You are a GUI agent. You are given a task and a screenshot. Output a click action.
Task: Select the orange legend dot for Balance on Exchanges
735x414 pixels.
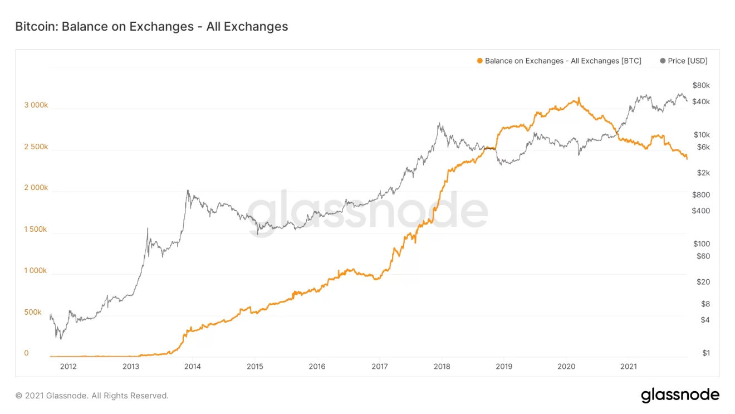pos(480,61)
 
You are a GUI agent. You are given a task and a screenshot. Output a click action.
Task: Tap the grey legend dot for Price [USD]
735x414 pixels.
pos(663,61)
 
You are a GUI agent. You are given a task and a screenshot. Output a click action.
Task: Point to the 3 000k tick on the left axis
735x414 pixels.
pos(36,105)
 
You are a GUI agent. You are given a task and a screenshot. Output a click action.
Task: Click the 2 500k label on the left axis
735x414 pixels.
pos(36,147)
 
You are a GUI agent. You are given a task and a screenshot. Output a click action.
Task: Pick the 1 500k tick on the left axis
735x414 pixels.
pos(36,229)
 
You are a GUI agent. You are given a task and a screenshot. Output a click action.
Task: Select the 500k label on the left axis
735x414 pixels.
pos(33,312)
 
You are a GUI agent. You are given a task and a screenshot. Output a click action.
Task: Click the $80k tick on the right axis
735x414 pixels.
pos(701,85)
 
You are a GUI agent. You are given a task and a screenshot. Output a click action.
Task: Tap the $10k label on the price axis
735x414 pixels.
pos(701,134)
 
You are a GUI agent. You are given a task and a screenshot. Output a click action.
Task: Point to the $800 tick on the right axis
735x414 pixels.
pos(701,194)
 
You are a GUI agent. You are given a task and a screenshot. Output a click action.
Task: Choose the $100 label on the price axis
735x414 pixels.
pos(701,243)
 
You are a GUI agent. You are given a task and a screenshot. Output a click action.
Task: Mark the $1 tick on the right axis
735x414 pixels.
pos(705,353)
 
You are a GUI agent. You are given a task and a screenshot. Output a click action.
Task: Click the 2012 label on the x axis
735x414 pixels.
pos(68,366)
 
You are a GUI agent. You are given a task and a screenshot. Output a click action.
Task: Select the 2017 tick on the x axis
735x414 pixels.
pos(379,366)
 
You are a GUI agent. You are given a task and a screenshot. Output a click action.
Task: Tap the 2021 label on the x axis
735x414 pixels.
pos(629,366)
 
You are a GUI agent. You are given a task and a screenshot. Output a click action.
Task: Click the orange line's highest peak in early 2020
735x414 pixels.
pos(579,98)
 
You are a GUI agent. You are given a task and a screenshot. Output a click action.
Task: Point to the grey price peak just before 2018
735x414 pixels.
pos(439,124)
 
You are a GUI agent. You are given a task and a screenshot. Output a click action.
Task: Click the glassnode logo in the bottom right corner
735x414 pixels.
pos(680,395)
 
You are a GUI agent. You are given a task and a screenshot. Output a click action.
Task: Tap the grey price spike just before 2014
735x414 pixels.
pos(188,191)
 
